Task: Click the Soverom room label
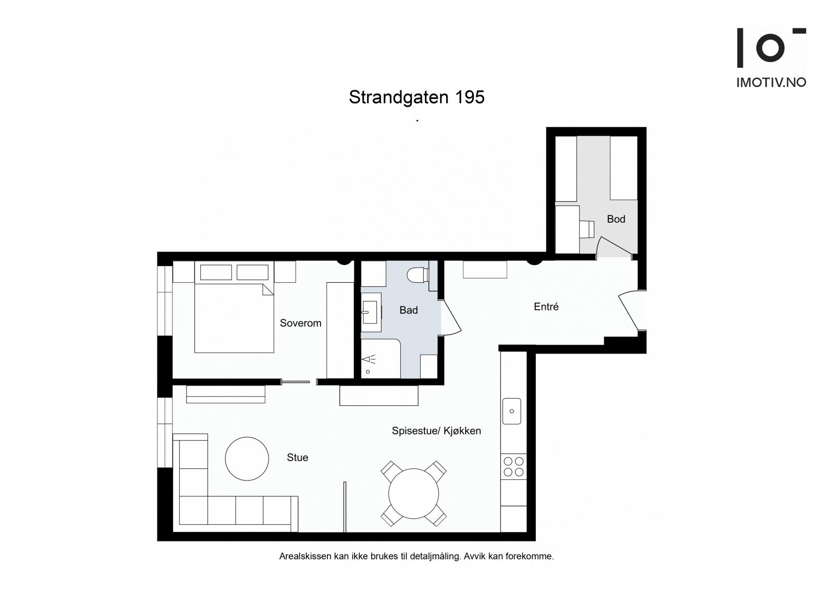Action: (300, 323)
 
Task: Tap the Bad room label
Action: (409, 310)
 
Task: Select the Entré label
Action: (546, 307)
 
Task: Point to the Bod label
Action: (616, 219)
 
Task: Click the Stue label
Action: (297, 457)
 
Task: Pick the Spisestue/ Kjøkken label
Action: (436, 431)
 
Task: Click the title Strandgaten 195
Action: (416, 98)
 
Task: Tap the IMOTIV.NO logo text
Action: (771, 82)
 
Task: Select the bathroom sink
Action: (370, 312)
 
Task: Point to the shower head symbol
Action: (369, 359)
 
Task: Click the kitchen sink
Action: (512, 411)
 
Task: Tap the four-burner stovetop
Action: (513, 466)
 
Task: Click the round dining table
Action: (413, 493)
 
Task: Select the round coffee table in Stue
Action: (247, 459)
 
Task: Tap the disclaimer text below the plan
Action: (416, 557)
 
